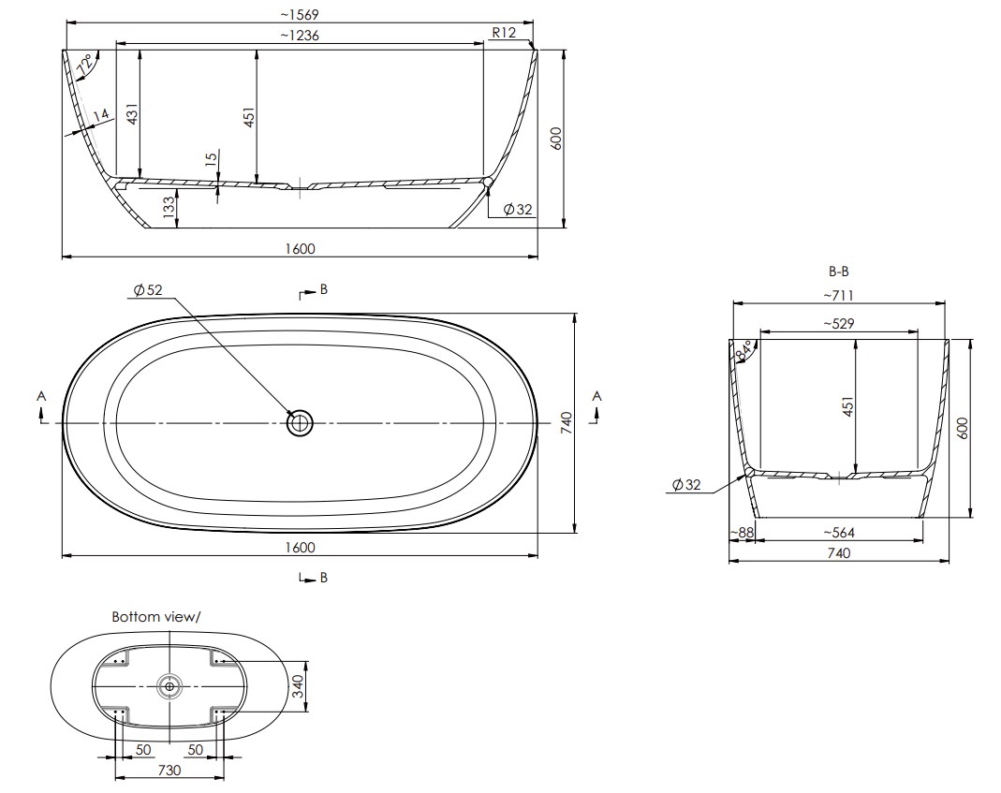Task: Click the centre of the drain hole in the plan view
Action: (300, 422)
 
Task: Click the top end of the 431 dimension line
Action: (140, 50)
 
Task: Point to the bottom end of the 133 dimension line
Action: (178, 228)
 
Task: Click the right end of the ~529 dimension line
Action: (918, 332)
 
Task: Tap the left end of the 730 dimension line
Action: (115, 778)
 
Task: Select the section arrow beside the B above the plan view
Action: (308, 294)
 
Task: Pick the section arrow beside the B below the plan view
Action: (308, 577)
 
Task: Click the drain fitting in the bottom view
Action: (169, 686)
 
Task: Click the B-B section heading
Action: (839, 272)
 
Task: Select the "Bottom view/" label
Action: (155, 617)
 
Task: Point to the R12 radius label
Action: (504, 33)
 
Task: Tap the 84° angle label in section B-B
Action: (744, 349)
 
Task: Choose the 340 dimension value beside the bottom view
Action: (299, 686)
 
